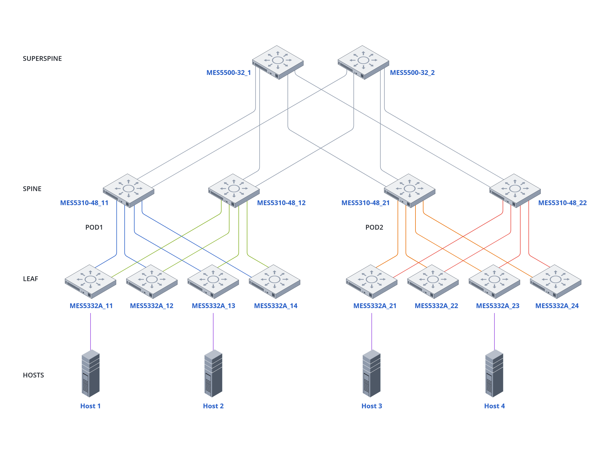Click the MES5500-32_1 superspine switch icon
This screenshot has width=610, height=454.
click(x=278, y=62)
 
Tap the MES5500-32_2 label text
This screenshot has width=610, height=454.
click(x=412, y=73)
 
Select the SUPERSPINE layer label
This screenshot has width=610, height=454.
click(x=42, y=59)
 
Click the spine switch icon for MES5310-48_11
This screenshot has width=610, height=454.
click(x=128, y=191)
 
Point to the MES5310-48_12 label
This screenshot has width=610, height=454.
click(x=281, y=203)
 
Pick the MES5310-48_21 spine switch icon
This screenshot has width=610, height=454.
click(x=409, y=191)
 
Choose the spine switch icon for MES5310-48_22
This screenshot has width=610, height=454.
click(x=515, y=191)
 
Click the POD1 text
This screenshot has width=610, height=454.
click(x=94, y=227)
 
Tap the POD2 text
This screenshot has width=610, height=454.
click(x=374, y=227)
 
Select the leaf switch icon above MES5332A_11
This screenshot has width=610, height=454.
click(x=90, y=281)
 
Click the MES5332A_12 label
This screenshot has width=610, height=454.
click(x=151, y=306)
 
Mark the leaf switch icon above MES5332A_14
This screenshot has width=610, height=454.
click(x=274, y=281)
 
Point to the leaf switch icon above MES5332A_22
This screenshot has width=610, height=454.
click(x=433, y=281)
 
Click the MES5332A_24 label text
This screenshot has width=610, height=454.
click(x=557, y=306)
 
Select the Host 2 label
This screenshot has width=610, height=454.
click(x=213, y=406)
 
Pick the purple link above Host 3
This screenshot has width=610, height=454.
click(x=372, y=331)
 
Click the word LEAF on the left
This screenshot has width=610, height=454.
click(x=31, y=279)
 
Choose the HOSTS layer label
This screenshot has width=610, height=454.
click(x=33, y=375)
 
